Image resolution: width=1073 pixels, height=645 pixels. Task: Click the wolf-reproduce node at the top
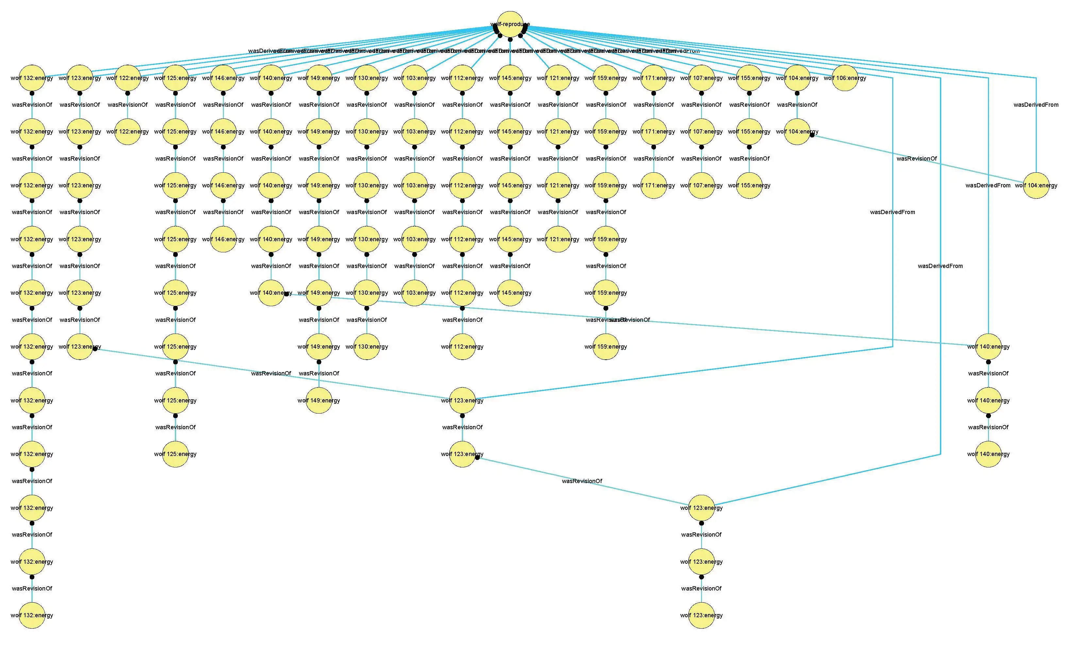point(510,24)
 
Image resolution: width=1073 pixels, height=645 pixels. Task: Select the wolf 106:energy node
point(845,78)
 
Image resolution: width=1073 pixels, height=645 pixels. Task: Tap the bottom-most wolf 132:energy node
point(32,615)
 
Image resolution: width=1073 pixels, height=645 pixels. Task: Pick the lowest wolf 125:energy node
point(176,454)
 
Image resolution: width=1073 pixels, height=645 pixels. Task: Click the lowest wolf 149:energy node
point(319,400)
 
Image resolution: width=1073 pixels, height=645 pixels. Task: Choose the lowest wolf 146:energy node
point(223,239)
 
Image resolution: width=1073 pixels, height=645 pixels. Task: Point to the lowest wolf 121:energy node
point(558,239)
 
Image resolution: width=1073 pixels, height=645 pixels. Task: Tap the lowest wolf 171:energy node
point(654,186)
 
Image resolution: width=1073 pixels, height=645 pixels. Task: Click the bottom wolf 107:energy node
point(701,186)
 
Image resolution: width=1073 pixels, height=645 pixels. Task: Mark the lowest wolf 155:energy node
point(749,186)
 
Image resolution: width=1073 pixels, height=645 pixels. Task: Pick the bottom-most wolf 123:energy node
point(701,615)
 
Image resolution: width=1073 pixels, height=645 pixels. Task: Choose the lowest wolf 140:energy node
point(989,454)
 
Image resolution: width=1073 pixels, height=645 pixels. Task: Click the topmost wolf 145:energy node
point(510,78)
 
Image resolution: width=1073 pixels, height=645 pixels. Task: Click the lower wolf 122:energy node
point(127,132)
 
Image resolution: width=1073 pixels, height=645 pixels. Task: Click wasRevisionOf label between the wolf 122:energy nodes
point(127,105)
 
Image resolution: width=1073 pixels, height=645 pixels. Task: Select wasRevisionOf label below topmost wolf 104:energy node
point(797,105)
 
